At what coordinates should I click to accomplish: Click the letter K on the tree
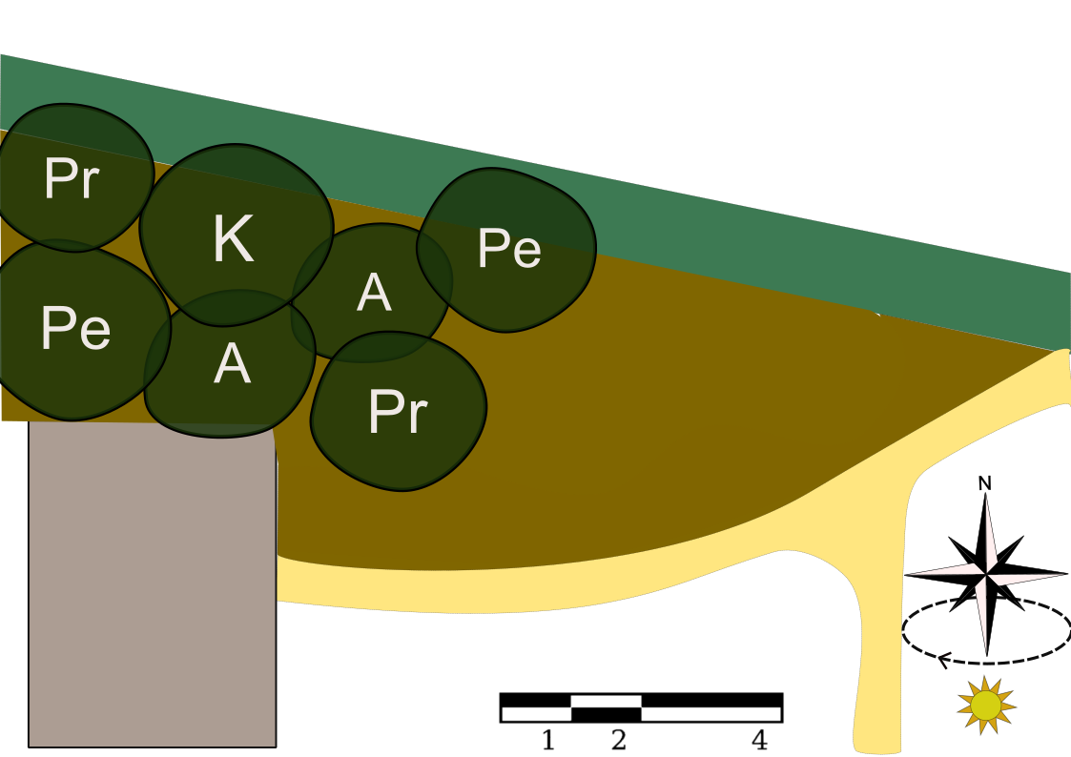tap(233, 239)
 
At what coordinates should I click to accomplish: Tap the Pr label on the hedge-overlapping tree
tap(72, 178)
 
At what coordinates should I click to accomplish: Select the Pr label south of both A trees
tap(398, 412)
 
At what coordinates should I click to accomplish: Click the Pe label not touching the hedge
tap(75, 328)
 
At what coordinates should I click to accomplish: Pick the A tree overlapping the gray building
tap(232, 364)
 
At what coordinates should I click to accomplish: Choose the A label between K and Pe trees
tap(374, 293)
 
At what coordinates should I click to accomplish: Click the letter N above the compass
tap(985, 483)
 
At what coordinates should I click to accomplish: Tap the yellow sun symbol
tap(986, 706)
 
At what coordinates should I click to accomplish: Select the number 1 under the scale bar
tap(547, 740)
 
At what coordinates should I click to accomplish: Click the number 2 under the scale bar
tap(618, 740)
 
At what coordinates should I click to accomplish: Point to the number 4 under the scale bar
tap(759, 740)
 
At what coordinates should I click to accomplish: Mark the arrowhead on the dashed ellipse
tap(945, 658)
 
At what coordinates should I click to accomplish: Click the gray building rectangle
tap(153, 591)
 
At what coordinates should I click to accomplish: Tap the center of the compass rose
tap(986, 575)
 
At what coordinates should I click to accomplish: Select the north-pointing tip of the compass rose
tap(985, 496)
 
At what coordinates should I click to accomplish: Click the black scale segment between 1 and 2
tap(607, 713)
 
